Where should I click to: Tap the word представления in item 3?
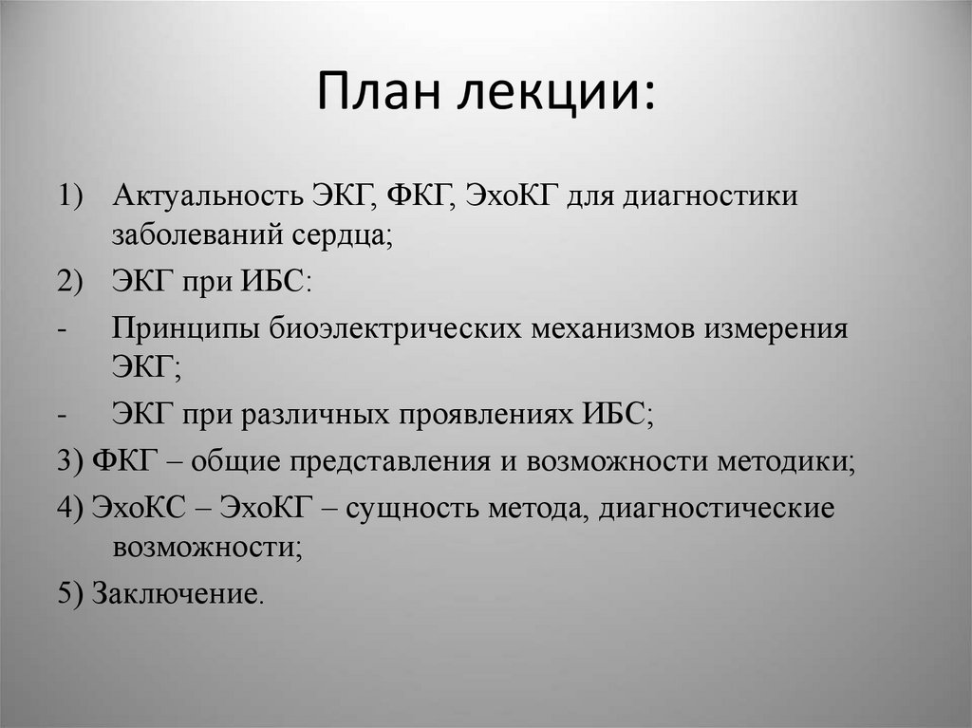[391, 462]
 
